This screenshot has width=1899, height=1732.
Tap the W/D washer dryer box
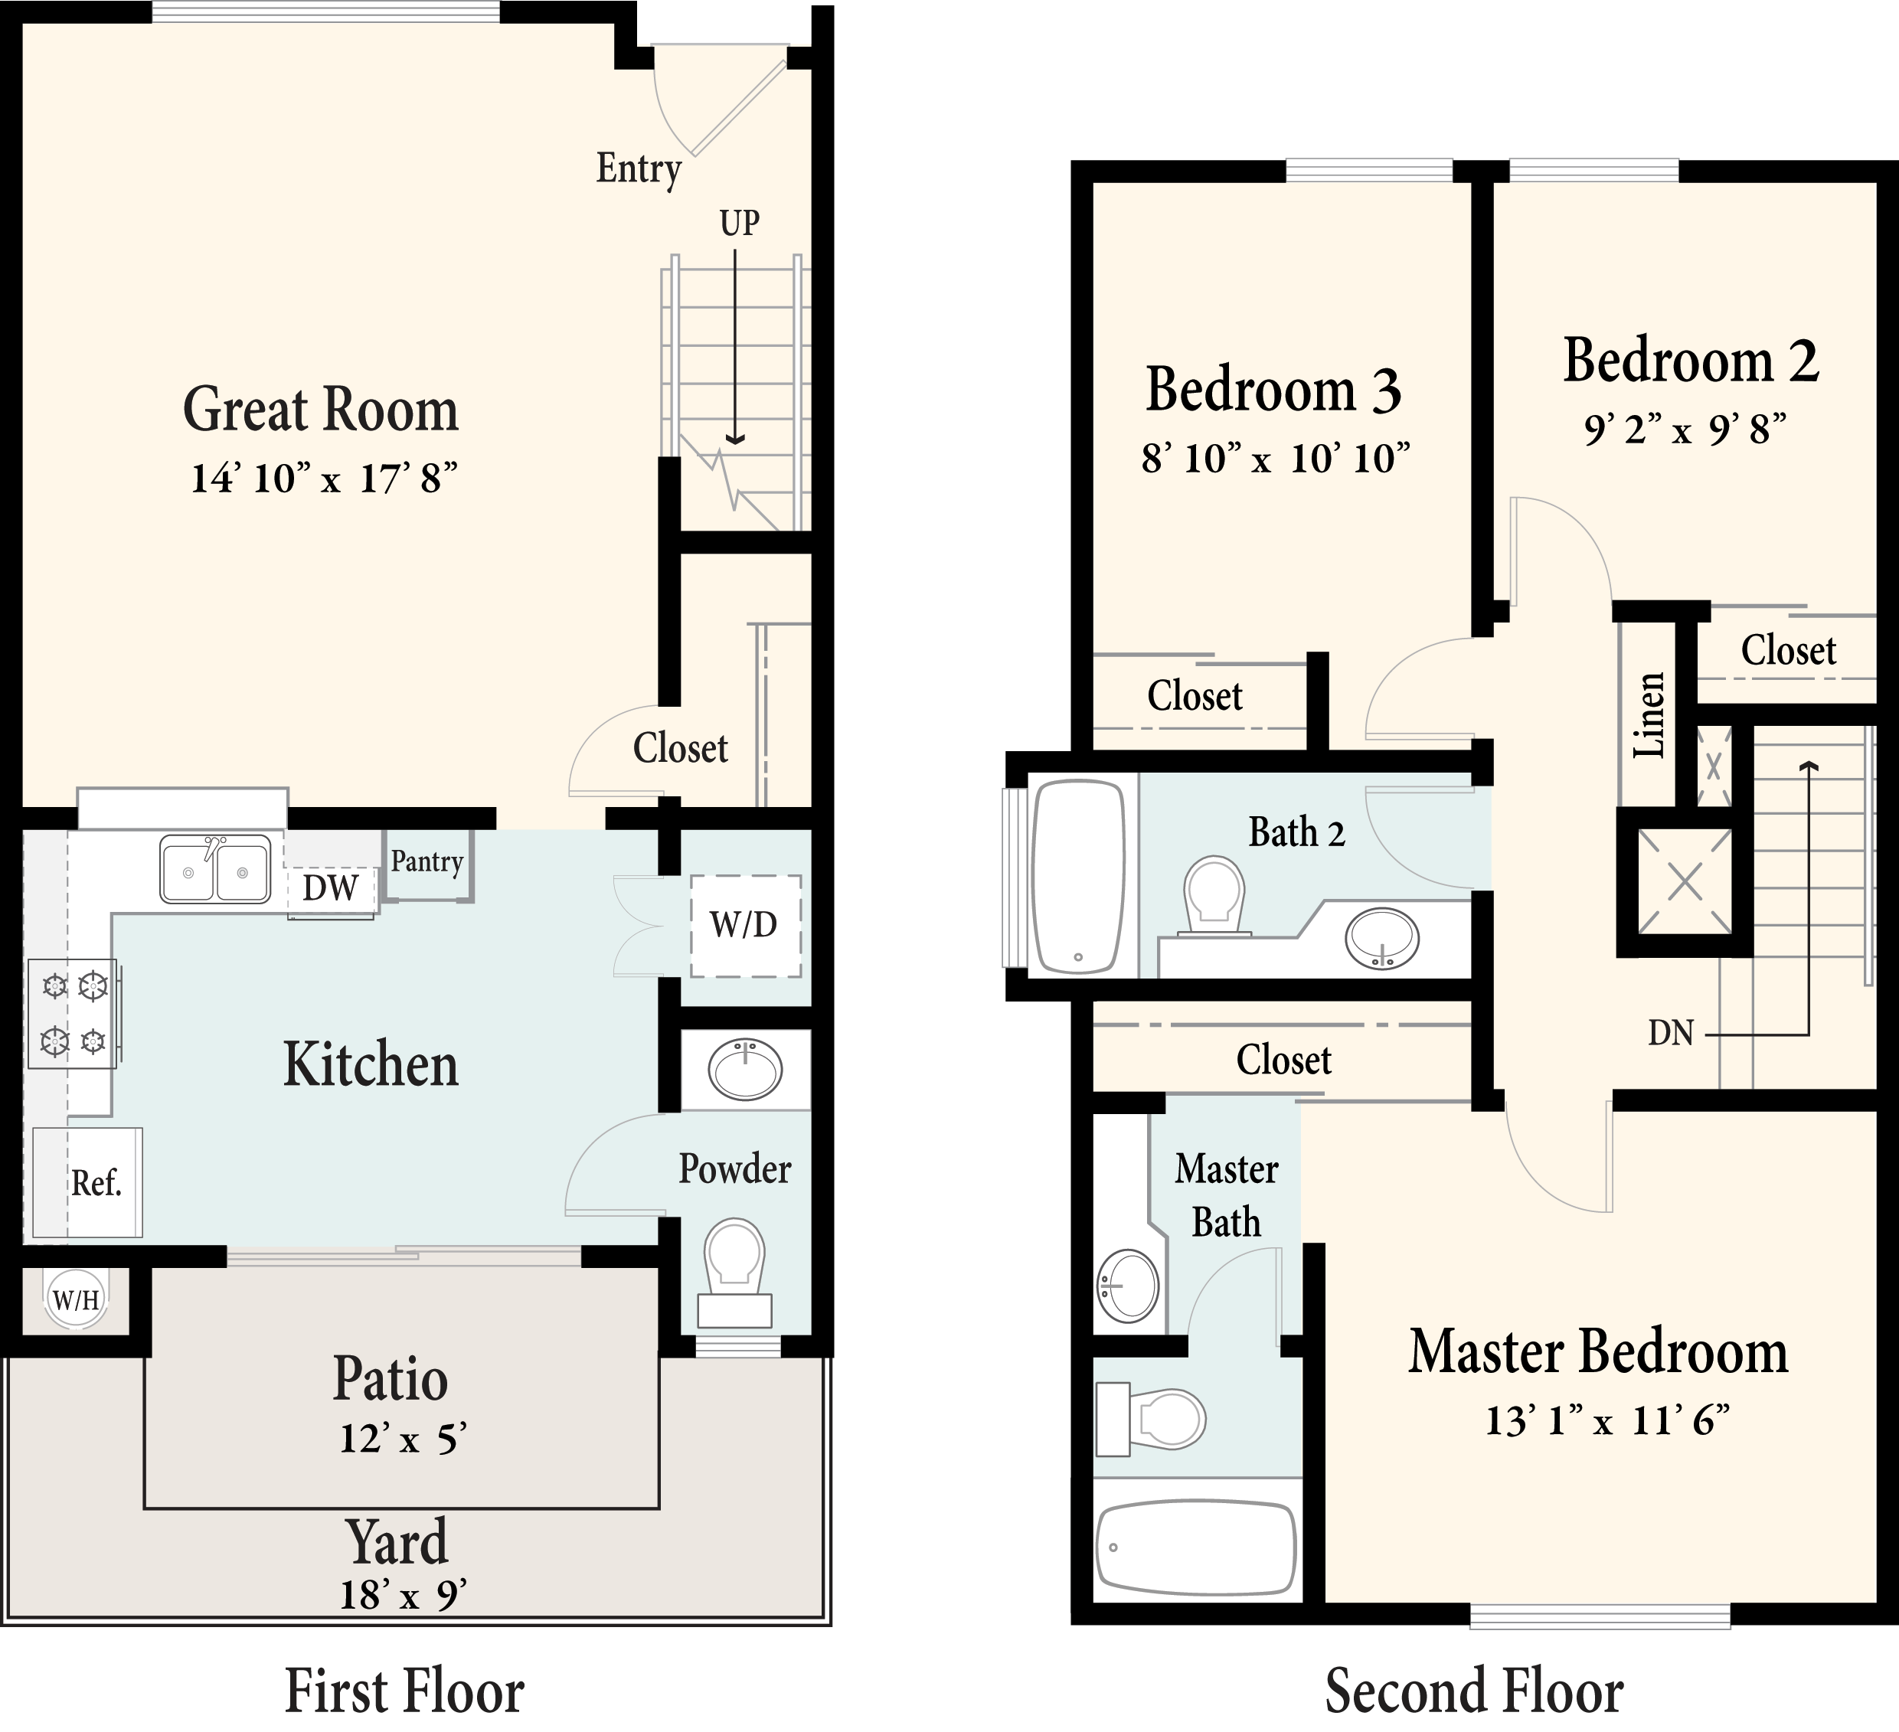point(745,926)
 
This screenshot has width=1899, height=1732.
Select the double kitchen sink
point(216,869)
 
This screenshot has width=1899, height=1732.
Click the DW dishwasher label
point(330,888)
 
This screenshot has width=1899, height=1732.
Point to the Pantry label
point(427,861)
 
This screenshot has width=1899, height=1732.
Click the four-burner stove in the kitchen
point(74,1013)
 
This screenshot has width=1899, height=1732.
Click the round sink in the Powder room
point(745,1069)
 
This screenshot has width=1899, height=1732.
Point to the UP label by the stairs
point(740,224)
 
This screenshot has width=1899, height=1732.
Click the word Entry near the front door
point(639,168)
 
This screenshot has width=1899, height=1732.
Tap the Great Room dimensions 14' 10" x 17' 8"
point(324,479)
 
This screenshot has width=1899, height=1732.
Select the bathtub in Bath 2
point(1080,876)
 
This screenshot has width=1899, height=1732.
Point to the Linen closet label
point(1649,716)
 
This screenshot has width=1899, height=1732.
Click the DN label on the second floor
point(1671,1033)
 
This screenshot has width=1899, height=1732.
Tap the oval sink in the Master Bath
point(1129,1286)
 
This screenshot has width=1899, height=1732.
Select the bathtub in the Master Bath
point(1196,1547)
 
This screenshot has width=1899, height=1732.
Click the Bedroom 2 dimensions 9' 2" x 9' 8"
point(1685,430)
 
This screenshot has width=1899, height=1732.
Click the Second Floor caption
point(1474,1690)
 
